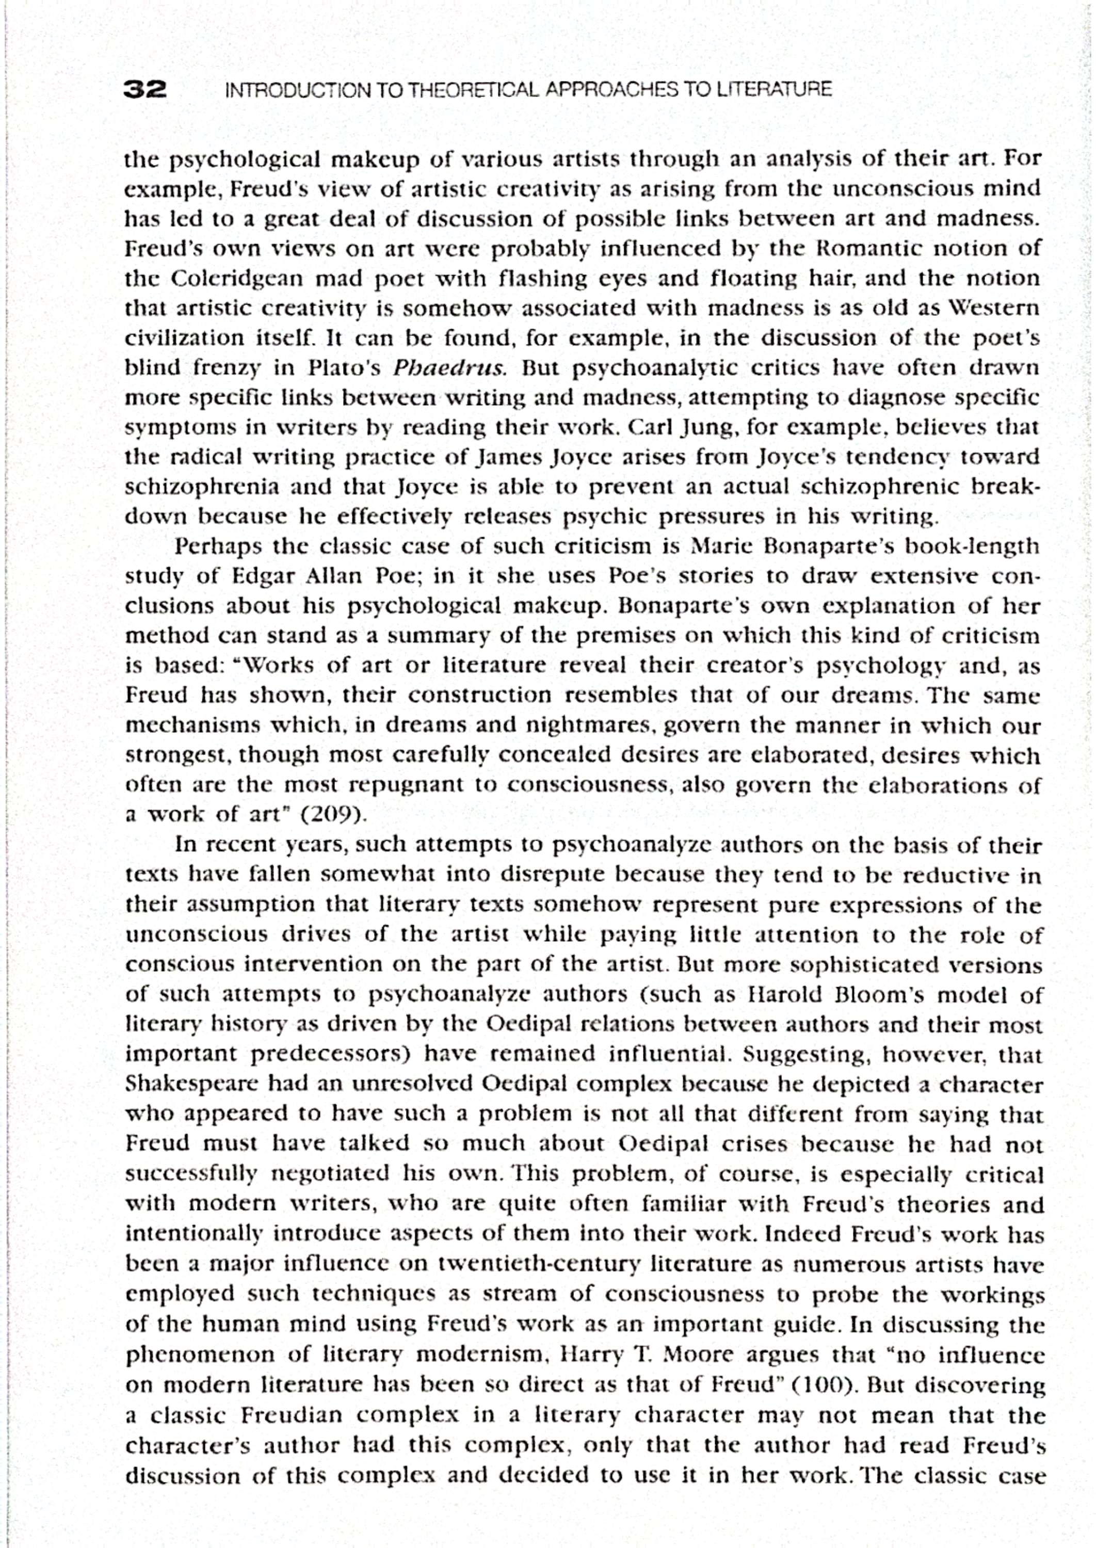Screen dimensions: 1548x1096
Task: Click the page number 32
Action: pos(145,89)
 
